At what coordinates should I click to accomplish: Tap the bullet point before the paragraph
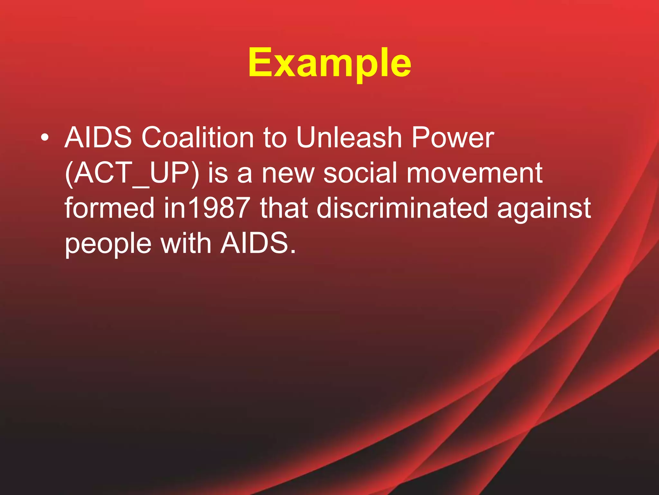45,138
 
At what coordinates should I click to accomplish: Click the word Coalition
198,138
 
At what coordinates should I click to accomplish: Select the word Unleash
349,138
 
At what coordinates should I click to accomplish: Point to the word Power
453,138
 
